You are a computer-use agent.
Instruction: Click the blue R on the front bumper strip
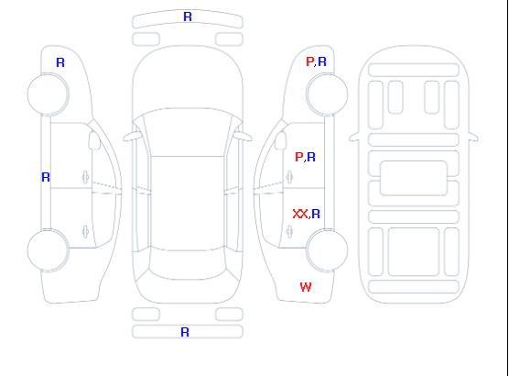188,17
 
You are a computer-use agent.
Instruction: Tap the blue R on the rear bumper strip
185,332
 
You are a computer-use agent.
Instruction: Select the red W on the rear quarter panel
306,287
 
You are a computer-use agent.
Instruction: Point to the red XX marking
300,214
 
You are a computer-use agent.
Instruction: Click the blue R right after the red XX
316,214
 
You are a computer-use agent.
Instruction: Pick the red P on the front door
299,157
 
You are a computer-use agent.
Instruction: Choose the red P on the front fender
309,61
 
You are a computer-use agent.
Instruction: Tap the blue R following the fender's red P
322,61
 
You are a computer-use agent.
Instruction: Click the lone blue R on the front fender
60,62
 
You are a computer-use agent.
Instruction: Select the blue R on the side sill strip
46,177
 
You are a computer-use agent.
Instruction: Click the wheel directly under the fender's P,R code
327,94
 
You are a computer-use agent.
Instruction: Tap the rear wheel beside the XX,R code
327,250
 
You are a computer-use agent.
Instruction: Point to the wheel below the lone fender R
48,94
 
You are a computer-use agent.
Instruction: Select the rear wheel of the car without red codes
48,250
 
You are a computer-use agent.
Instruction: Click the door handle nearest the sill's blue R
86,177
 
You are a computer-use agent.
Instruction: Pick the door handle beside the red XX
289,232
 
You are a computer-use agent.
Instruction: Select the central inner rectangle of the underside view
414,178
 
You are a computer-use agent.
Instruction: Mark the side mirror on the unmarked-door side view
94,140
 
